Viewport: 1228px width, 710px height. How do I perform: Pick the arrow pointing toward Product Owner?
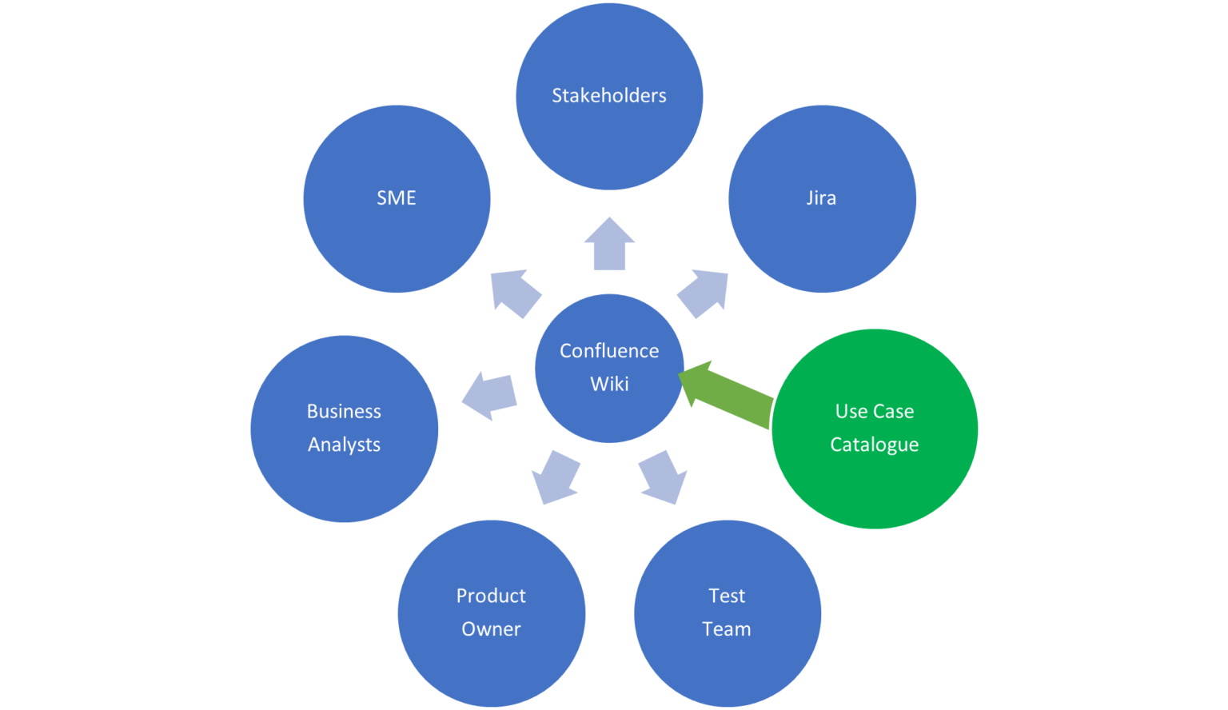click(554, 477)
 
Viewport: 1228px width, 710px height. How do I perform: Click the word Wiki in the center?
click(609, 385)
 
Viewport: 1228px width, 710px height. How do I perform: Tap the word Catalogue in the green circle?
click(874, 445)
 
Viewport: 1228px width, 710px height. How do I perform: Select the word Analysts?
click(344, 445)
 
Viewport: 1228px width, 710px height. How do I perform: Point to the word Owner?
click(491, 629)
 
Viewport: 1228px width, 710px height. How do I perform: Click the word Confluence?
click(609, 351)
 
